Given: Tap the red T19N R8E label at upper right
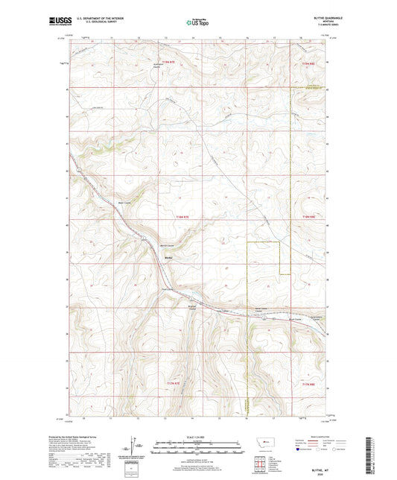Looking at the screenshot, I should pos(308,65).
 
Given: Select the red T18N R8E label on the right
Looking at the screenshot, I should pos(308,217).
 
